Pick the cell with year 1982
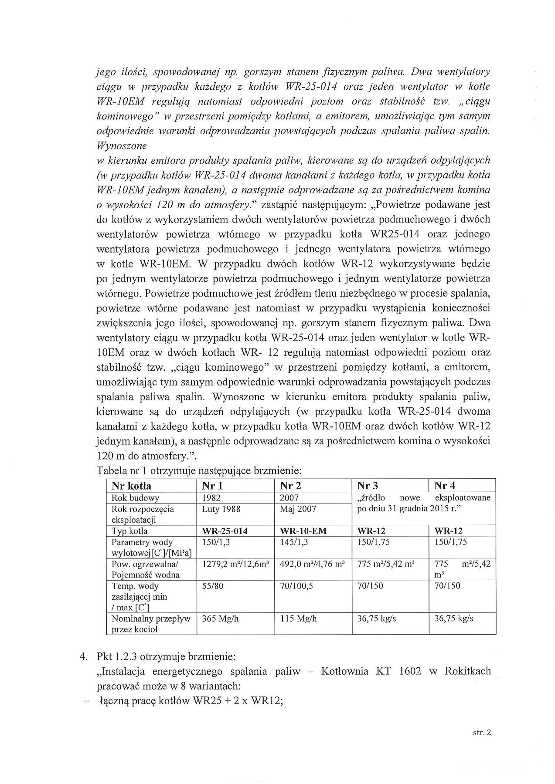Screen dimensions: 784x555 (211, 498)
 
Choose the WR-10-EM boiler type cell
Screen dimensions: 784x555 (303, 531)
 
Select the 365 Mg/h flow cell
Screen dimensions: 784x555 (220, 618)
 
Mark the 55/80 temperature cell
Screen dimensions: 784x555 (212, 586)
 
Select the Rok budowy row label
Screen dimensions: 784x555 (135, 498)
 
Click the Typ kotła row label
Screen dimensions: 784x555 (129, 531)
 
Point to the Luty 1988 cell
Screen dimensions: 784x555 (221, 509)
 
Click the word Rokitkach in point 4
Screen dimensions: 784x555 (468, 671)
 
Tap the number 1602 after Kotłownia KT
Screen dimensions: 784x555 (410, 671)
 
